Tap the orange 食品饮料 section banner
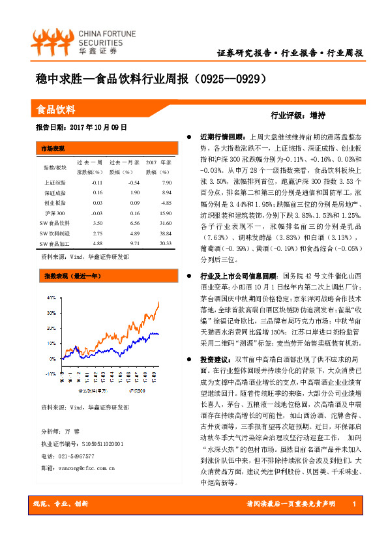tap(55, 110)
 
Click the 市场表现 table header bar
tap(53, 148)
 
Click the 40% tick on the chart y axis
tap(52, 297)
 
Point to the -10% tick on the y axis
tap(51, 374)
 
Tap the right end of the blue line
tap(158, 334)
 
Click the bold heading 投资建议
tap(215, 359)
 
